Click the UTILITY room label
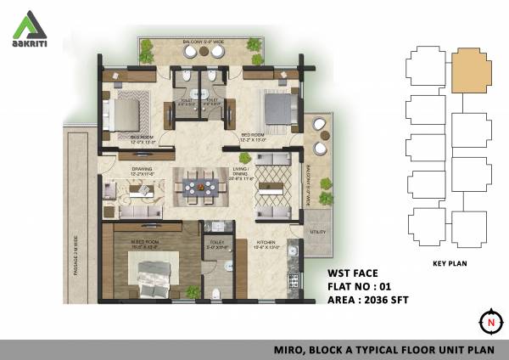pyautogui.click(x=318, y=231)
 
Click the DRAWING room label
pyautogui.click(x=141, y=169)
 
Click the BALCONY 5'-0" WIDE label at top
pyautogui.click(x=200, y=41)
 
